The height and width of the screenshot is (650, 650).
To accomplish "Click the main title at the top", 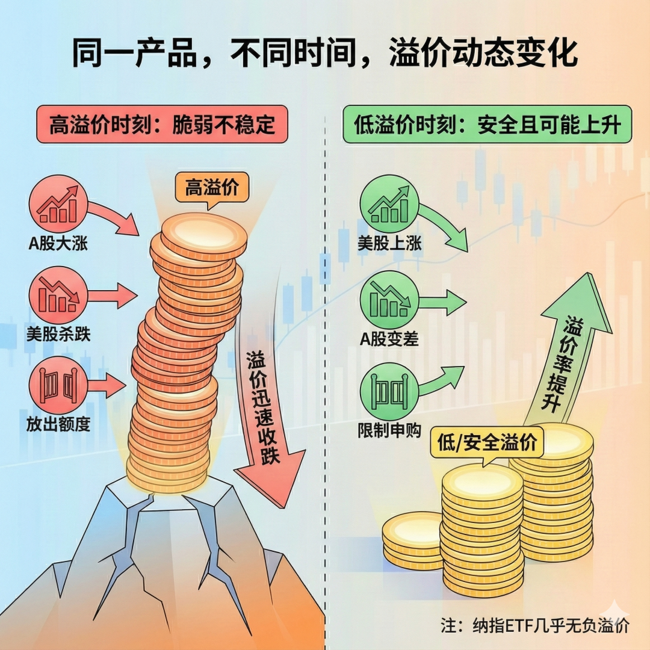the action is (325, 53).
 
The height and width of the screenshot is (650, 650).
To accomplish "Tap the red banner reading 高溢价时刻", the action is (162, 125).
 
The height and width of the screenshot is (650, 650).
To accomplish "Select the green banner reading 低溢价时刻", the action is (487, 125).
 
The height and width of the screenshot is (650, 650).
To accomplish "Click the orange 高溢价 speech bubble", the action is (212, 188).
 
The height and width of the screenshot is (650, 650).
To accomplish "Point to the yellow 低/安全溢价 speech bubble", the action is (487, 443).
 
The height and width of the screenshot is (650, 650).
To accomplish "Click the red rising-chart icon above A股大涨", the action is (58, 205).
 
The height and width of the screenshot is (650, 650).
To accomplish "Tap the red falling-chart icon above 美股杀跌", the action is (58, 296).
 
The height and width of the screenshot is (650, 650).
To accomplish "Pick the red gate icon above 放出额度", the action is (58, 386).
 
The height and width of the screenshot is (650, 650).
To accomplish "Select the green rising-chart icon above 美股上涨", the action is (389, 205).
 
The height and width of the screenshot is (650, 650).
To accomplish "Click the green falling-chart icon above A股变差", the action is (389, 300).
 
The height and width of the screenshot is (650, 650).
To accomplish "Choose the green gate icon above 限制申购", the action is (389, 392).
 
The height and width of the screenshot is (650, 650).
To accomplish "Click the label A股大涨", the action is (58, 243).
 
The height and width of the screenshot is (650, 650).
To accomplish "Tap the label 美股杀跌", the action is (58, 334).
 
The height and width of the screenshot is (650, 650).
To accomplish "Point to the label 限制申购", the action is (389, 430).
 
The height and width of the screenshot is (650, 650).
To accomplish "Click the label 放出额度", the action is (58, 424).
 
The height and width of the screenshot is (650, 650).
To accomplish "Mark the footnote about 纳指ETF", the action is (535, 625).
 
